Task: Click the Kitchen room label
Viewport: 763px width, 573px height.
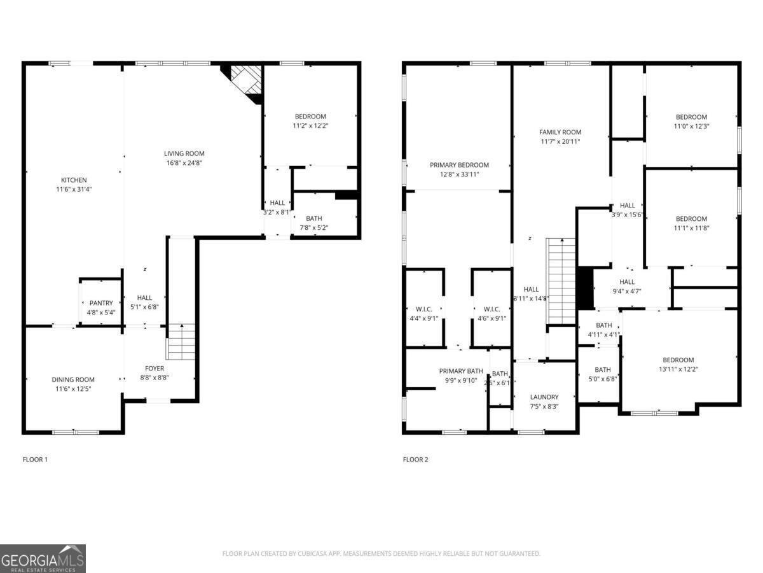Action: tap(74, 180)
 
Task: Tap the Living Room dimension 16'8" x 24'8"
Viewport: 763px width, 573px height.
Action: tap(184, 163)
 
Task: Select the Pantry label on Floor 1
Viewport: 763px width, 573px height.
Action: tap(100, 303)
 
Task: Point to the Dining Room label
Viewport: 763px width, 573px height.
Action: tap(73, 379)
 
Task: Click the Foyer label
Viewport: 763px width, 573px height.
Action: tap(155, 369)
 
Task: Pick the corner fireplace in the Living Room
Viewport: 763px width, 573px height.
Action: tap(244, 81)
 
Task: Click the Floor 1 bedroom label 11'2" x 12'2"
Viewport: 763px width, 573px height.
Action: tap(310, 117)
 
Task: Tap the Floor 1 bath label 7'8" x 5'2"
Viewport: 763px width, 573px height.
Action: tap(313, 218)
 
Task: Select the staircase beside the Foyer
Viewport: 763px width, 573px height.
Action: tap(181, 342)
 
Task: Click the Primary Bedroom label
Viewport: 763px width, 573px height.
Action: tap(458, 165)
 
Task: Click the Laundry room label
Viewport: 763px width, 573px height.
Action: tap(544, 397)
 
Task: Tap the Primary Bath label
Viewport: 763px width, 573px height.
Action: tap(461, 371)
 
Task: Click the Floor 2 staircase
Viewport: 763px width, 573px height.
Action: tap(561, 280)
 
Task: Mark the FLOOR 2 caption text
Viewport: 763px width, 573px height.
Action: tap(415, 459)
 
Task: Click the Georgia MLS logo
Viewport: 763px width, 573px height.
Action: tap(43, 558)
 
